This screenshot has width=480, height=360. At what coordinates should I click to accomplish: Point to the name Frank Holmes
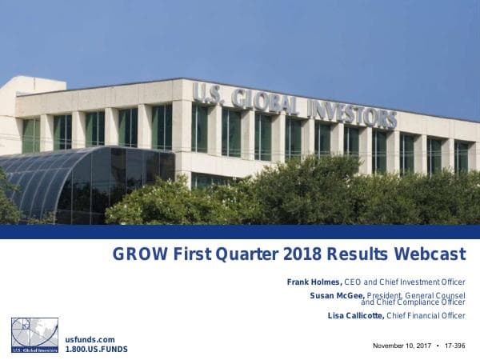tap(314, 282)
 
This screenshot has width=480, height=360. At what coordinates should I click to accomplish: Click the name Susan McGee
tap(337, 295)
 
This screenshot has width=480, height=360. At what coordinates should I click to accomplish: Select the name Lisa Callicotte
tap(351, 316)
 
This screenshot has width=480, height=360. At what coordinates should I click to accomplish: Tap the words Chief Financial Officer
tap(431, 316)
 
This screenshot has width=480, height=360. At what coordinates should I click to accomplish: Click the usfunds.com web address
tap(84, 340)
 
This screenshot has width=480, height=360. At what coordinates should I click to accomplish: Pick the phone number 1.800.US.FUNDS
tap(96, 350)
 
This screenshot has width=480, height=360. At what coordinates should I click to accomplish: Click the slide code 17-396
tap(454, 345)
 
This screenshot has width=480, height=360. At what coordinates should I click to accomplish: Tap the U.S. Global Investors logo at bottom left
tap(34, 335)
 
